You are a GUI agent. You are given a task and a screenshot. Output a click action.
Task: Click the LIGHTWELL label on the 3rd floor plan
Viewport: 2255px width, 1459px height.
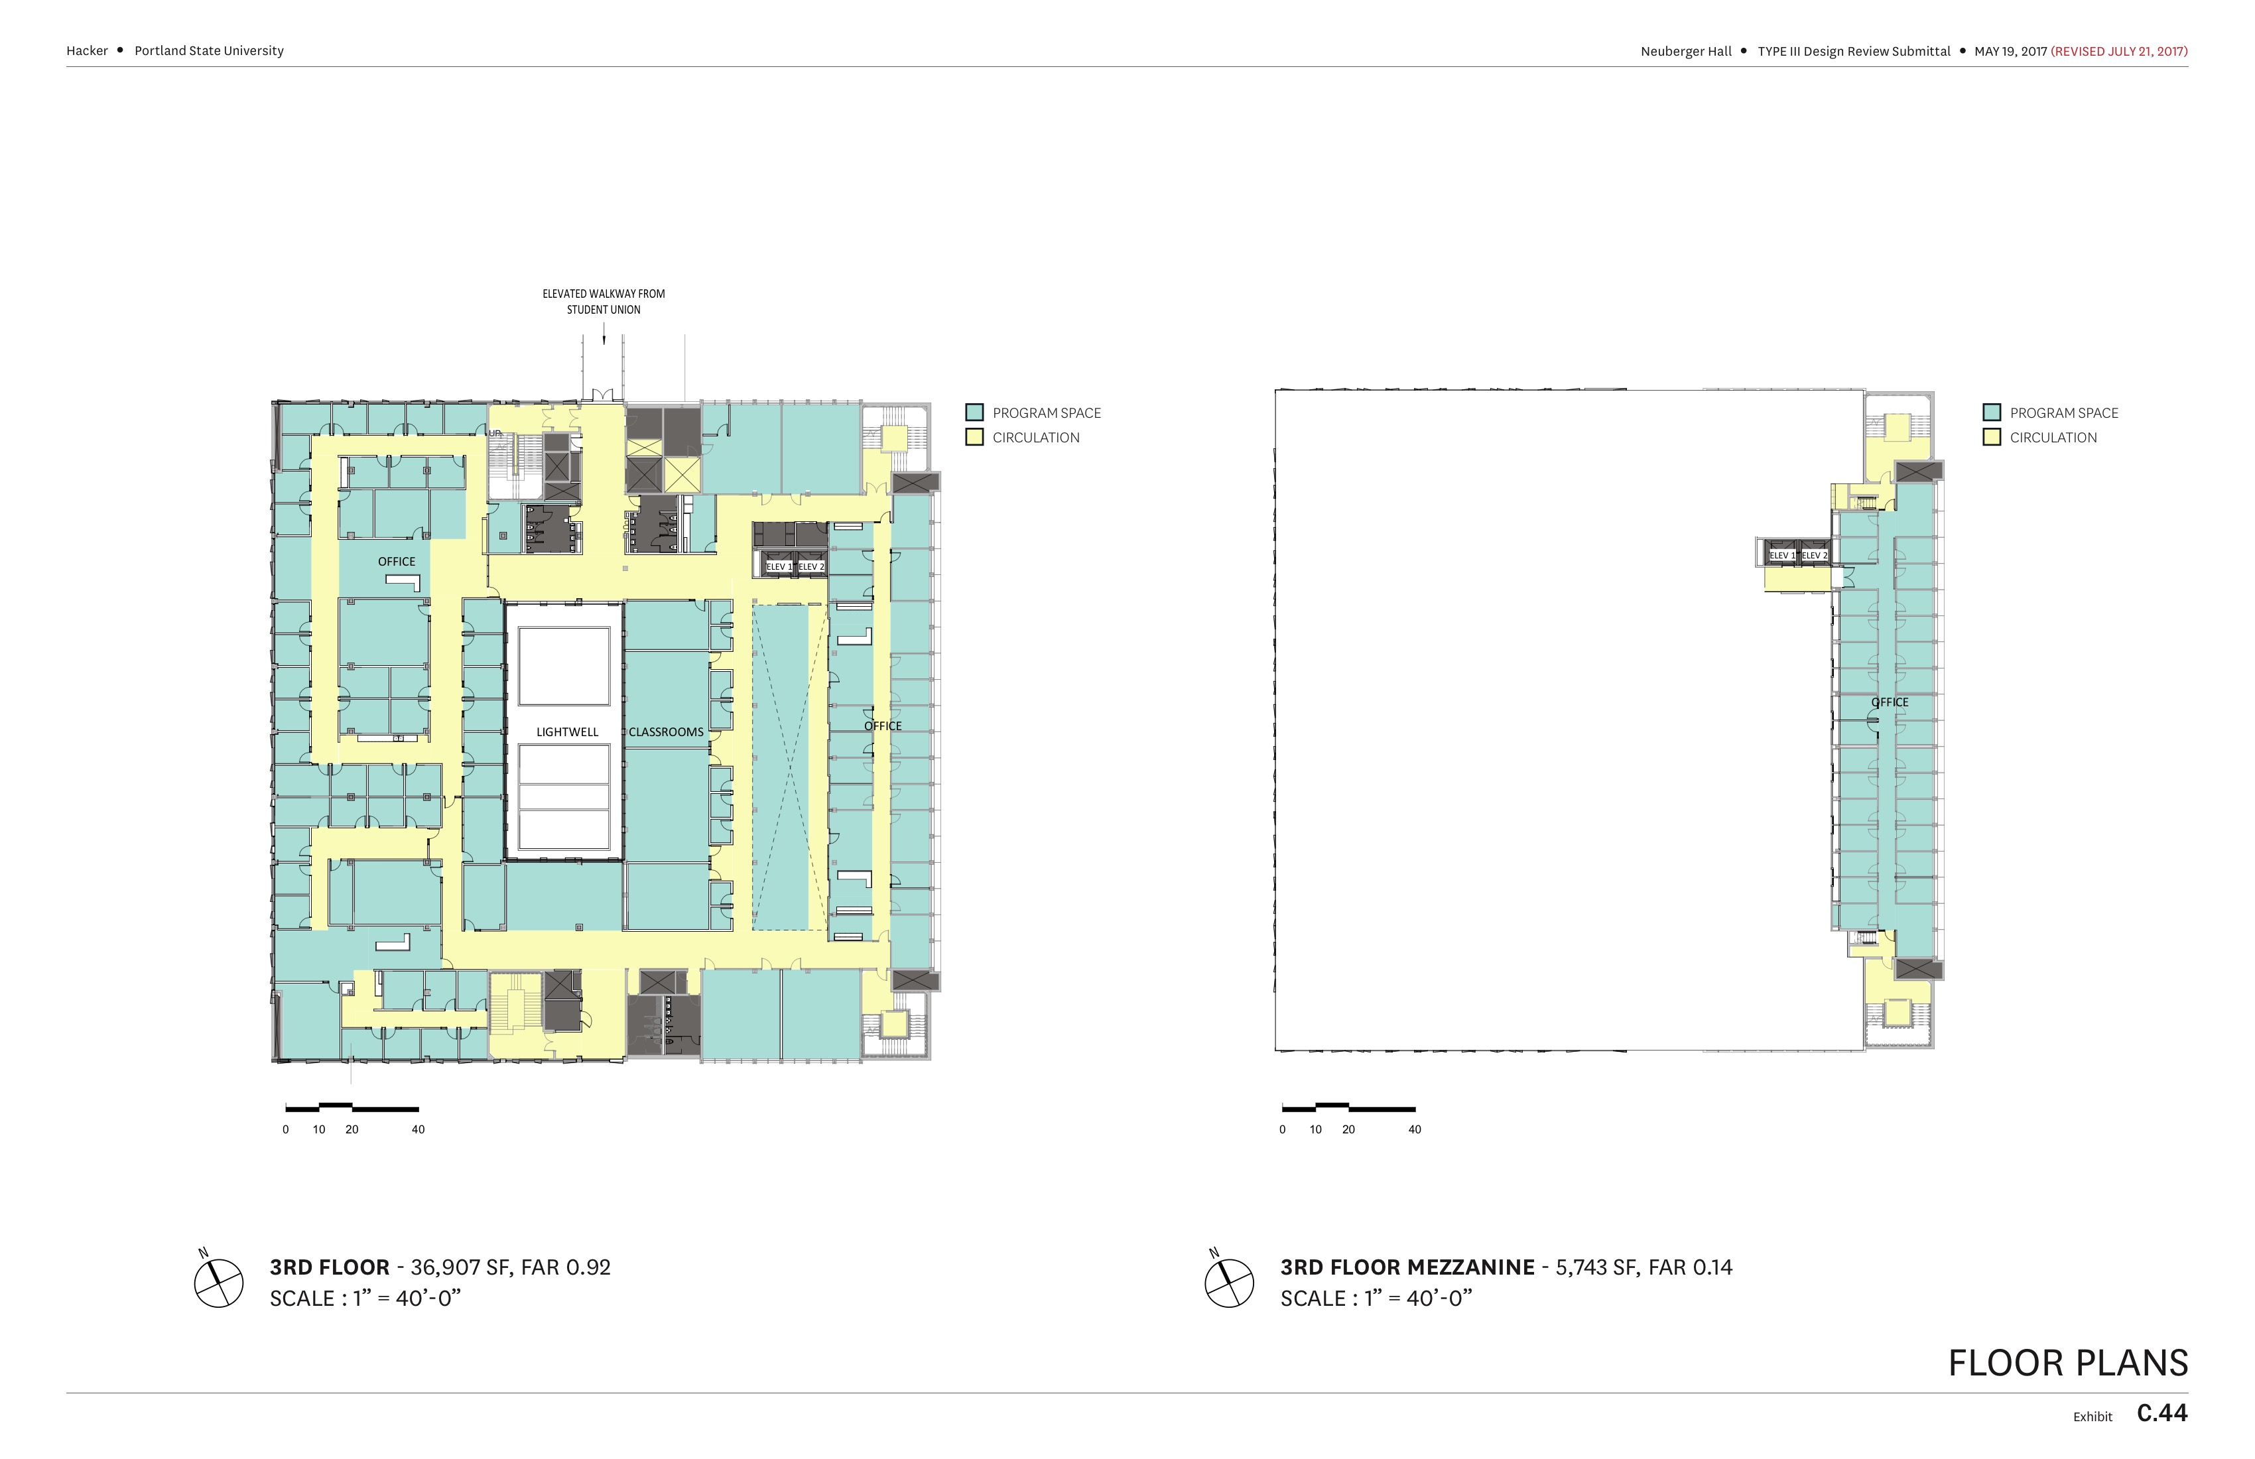point(566,732)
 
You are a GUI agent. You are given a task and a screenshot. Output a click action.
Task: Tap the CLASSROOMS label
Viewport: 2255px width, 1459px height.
point(666,732)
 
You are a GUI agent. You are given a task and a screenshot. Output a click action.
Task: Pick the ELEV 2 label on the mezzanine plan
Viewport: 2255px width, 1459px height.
point(1813,555)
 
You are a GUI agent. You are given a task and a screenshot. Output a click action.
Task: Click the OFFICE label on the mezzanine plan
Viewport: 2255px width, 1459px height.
point(1890,702)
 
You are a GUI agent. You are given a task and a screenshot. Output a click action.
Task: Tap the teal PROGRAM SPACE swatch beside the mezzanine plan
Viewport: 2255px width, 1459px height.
point(1992,412)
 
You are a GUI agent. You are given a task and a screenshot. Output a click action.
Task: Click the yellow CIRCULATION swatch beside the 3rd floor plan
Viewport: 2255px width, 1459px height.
point(974,437)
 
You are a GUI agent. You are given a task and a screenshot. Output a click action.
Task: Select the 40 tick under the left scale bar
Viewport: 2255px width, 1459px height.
point(418,1129)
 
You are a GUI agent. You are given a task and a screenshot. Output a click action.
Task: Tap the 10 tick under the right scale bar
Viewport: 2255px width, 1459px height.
point(1315,1129)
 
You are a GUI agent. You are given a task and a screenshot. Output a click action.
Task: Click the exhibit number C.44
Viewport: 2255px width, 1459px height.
point(2162,1413)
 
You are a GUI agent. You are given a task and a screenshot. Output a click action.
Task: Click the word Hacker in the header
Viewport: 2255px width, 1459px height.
point(87,51)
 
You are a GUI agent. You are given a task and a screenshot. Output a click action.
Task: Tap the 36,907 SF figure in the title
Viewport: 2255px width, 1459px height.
point(462,1267)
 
